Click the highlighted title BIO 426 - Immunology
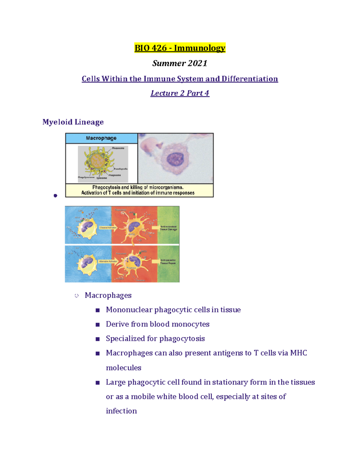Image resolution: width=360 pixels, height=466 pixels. tap(180, 48)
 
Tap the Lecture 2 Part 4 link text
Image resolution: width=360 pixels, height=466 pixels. tap(180, 93)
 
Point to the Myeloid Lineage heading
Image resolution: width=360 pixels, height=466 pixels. tap(73, 122)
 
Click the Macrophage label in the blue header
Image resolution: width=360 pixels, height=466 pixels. tap(101, 138)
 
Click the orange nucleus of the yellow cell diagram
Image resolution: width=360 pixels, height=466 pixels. tap(98, 161)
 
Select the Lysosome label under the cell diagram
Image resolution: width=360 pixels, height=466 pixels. tap(101, 178)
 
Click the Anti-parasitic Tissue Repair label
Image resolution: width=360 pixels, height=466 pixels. tap(168, 262)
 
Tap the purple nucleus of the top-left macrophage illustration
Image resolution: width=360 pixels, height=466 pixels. tap(87, 225)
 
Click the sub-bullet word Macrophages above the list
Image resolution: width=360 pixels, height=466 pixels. tap(108, 295)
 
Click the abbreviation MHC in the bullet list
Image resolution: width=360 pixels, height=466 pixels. tap(298, 353)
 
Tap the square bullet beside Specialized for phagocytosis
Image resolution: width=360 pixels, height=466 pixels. tap(97, 339)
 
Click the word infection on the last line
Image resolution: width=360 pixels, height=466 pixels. tap(121, 411)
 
